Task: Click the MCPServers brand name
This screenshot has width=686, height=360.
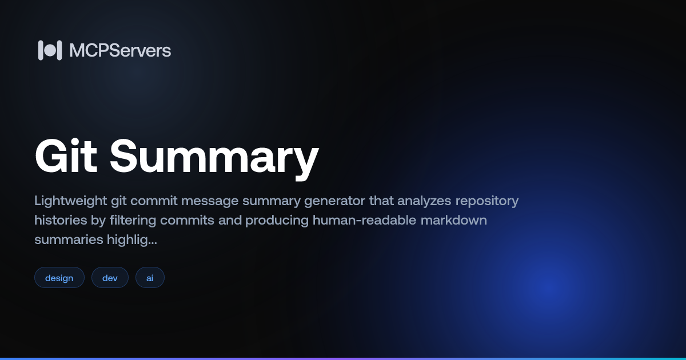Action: pyautogui.click(x=120, y=50)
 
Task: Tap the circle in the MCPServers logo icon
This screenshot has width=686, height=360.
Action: pyautogui.click(x=50, y=50)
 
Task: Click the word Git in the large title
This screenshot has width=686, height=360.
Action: pyautogui.click(x=65, y=157)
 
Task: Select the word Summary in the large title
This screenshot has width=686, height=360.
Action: pyautogui.click(x=214, y=157)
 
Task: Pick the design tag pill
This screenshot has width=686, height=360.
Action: pyautogui.click(x=59, y=278)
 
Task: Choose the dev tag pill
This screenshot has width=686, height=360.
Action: pyautogui.click(x=110, y=278)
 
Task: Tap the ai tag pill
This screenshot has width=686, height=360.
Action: pyautogui.click(x=150, y=278)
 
